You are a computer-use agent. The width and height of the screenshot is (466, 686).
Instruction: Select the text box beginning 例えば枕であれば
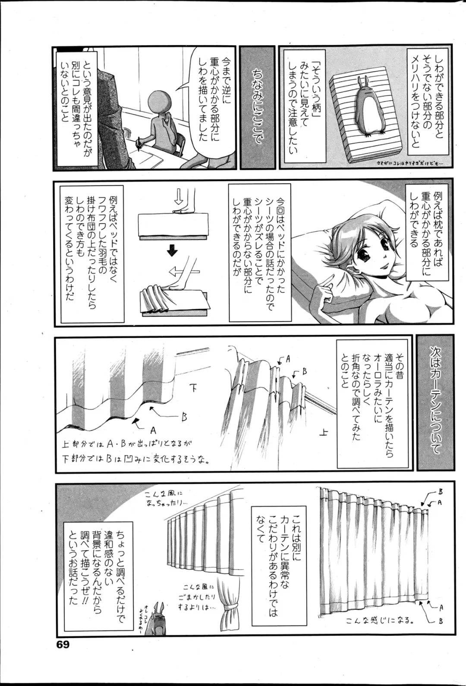tap(423, 225)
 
